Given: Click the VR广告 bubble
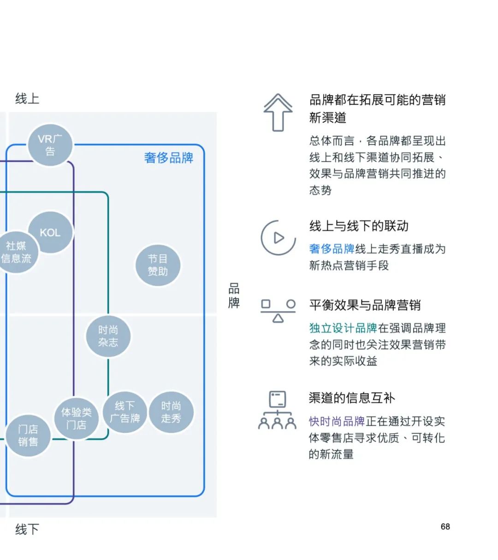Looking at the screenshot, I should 50,145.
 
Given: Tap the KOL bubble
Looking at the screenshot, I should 50,232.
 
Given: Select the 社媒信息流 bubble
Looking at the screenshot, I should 16,252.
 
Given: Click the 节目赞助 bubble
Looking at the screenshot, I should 158,265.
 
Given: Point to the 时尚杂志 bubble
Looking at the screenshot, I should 108,336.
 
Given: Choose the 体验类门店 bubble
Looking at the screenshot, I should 76,418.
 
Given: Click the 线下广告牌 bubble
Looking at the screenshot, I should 125,412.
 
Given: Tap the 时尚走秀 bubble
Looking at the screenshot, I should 171,412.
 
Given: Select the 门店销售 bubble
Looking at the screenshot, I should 28,435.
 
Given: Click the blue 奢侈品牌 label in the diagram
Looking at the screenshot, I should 168,158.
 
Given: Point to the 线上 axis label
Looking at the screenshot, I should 27,98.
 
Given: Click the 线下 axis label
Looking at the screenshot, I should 27,529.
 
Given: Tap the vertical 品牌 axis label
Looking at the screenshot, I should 234,296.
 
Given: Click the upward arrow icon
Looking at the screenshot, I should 278,112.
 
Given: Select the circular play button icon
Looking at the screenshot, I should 278,238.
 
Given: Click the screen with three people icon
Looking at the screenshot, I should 277,410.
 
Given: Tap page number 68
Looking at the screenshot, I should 445,526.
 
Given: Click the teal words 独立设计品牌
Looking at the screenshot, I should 343,328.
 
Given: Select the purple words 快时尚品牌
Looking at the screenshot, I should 337,421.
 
